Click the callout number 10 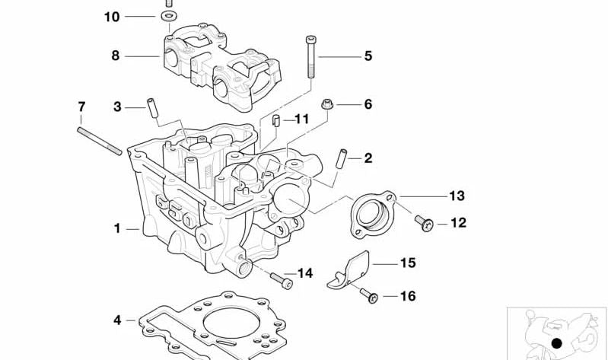click(112, 16)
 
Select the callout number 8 click(116, 56)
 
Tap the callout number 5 click(368, 56)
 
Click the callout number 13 click(456, 196)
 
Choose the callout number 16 click(408, 296)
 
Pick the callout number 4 click(117, 320)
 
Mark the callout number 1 click(117, 228)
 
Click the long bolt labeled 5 click(310, 56)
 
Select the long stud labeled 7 click(100, 139)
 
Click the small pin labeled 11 click(278, 119)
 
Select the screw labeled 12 click(423, 222)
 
